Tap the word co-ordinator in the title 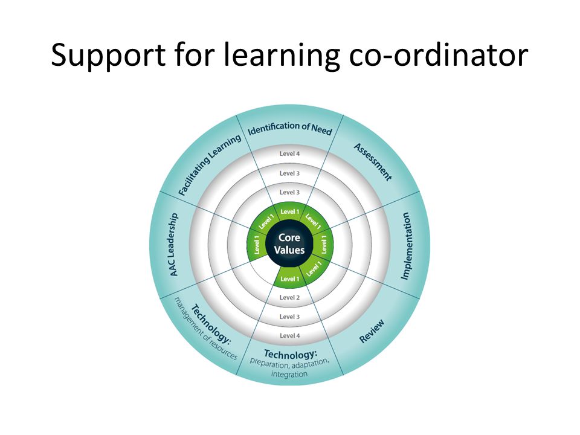pos(439,55)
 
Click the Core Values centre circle pos(289,243)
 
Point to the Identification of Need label pos(289,128)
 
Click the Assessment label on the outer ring pos(373,162)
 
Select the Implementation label pos(406,246)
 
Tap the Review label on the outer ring pos(372,331)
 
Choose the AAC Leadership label pos(173,244)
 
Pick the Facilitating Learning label pos(210,165)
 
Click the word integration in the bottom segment pos(289,374)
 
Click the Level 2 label pos(289,297)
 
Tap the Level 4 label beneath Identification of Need pos(289,153)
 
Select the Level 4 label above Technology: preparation pos(289,335)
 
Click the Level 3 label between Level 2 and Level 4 pos(289,317)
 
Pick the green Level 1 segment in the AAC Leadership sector pos(256,244)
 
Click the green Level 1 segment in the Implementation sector pos(324,244)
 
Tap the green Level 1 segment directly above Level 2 pos(289,278)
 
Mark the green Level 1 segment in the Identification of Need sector pos(289,211)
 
